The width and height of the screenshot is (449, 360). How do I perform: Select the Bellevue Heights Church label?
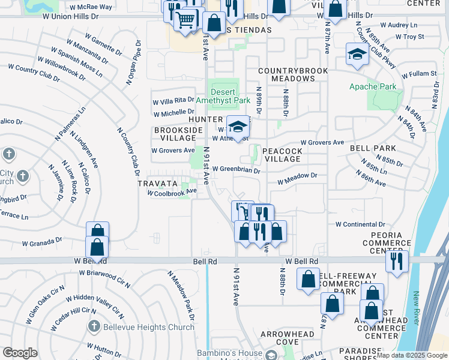(148, 327)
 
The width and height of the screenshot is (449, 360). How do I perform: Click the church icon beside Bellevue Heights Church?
(94, 327)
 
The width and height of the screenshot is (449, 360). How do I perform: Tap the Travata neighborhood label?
(157, 183)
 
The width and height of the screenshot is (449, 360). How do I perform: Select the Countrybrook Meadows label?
(293, 74)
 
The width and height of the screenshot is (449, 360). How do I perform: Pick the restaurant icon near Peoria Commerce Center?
(397, 261)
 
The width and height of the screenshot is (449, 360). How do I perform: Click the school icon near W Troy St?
(358, 54)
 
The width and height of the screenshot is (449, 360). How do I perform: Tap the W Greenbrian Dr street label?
(236, 170)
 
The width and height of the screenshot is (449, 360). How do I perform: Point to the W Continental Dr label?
(360, 224)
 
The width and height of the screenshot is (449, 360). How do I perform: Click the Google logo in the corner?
(20, 353)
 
